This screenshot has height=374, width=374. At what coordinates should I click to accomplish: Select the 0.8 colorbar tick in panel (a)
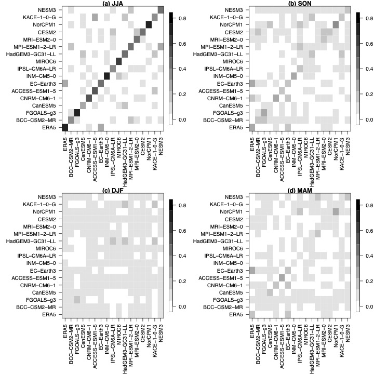point(367,18)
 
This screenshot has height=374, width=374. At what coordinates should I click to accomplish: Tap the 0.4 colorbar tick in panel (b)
point(367,69)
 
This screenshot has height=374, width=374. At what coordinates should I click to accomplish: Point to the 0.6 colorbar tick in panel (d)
point(367,230)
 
